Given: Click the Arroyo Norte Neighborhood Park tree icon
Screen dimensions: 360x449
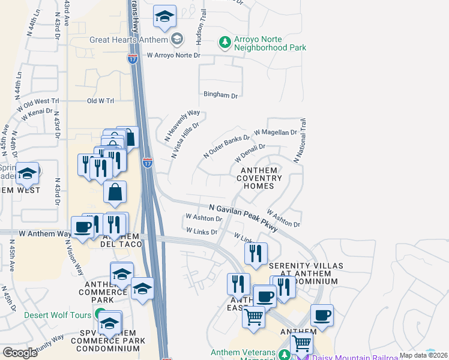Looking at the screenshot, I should click(x=224, y=42).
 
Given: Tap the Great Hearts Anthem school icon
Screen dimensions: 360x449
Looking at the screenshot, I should click(x=176, y=40).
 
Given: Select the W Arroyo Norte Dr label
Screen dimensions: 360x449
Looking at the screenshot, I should click(x=173, y=55).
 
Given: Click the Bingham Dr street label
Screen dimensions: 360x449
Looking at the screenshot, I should click(x=221, y=95).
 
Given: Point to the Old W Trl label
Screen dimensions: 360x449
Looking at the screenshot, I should click(x=100, y=101).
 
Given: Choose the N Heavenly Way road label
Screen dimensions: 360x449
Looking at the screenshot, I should click(x=182, y=125).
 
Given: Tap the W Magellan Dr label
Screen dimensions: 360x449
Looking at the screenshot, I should click(x=276, y=132).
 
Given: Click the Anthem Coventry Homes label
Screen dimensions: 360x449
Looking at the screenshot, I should click(x=261, y=178).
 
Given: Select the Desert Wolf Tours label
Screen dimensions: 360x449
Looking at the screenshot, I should click(x=58, y=314).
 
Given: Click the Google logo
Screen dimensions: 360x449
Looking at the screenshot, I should click(x=20, y=352).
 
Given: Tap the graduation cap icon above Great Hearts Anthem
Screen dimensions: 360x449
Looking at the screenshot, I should click(x=163, y=18).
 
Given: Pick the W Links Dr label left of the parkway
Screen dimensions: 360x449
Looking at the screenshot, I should click(x=201, y=231).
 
